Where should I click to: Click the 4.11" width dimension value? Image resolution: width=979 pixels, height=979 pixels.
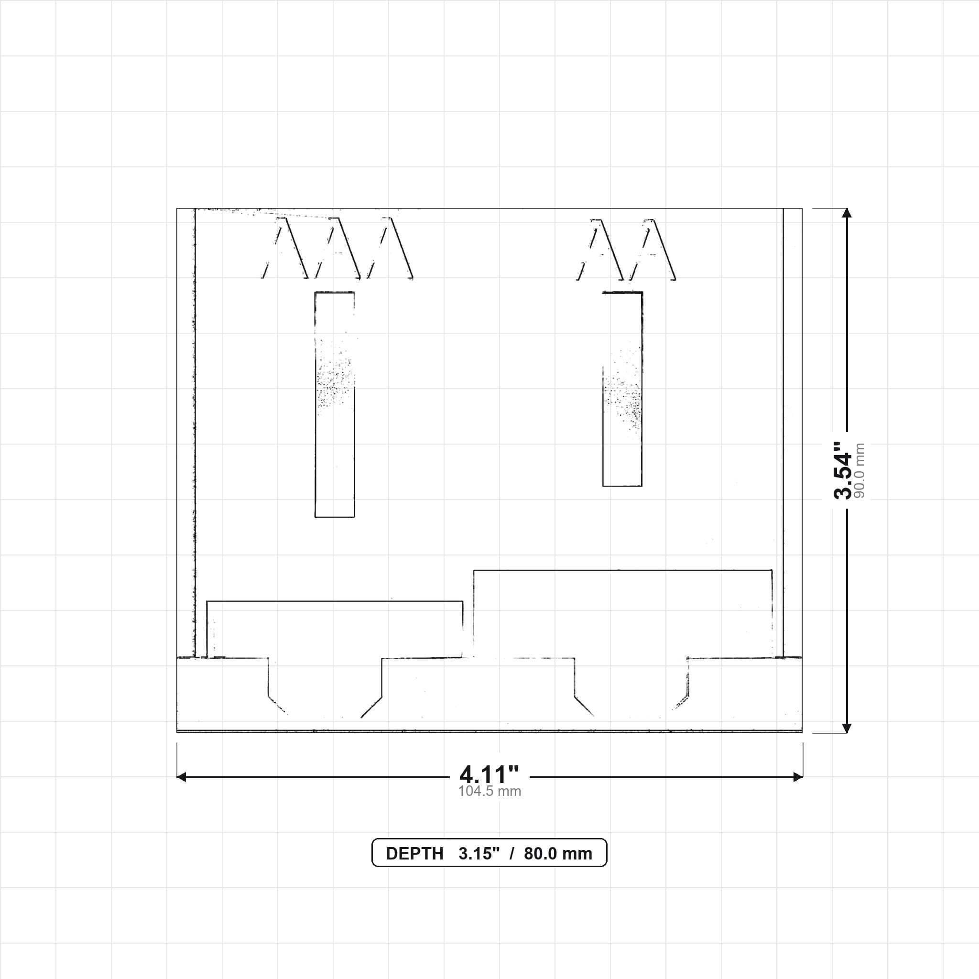[x=489, y=774]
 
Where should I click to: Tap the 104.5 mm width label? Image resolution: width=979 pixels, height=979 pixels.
[x=489, y=792]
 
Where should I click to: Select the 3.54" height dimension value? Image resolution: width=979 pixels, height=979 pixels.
[x=844, y=470]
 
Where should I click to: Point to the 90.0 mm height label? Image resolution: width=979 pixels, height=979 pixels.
[x=859, y=470]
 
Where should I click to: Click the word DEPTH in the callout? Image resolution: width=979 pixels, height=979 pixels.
[x=414, y=854]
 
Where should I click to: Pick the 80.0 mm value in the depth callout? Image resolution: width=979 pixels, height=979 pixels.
[x=558, y=854]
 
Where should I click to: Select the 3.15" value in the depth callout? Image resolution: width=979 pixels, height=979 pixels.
[x=479, y=853]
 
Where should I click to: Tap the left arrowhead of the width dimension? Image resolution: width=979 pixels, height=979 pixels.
[x=181, y=777]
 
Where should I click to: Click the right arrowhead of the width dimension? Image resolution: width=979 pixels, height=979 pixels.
[x=798, y=777]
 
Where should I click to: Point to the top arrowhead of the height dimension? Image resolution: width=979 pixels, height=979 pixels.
[x=847, y=213]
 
